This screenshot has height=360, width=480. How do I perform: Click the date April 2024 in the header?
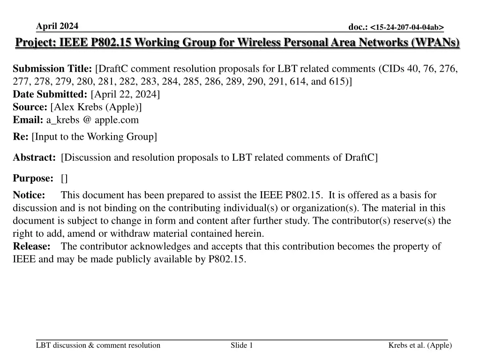coord(57,26)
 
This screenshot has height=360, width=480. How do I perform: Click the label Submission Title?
coord(52,69)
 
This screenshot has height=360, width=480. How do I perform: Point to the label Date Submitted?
coord(50,94)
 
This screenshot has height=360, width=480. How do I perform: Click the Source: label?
coord(30,107)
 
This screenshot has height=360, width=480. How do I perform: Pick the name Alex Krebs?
coord(75,107)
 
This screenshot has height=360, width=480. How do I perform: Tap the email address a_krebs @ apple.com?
coord(92,120)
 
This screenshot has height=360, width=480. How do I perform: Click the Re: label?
coord(21,136)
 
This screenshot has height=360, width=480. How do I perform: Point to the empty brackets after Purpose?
coord(64,178)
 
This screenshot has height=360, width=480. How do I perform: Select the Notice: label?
coord(29,195)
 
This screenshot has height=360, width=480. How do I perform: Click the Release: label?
coord(31,246)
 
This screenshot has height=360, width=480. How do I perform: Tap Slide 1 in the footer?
coord(242,345)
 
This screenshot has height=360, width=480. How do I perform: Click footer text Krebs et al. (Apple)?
coord(420,345)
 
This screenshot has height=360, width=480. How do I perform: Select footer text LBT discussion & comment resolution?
coord(98,345)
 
